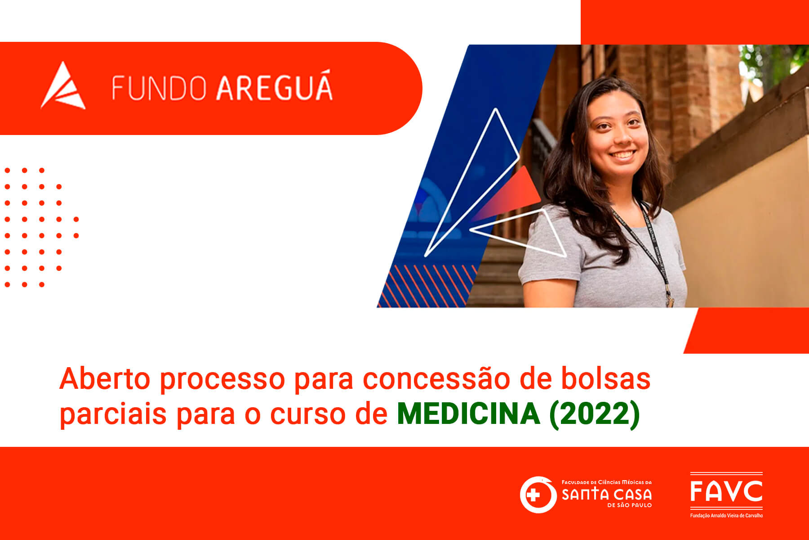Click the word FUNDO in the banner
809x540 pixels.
pos(160,88)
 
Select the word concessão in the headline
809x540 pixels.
pos(436,379)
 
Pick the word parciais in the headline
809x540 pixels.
pos(113,414)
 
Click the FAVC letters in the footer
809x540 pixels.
pos(726,491)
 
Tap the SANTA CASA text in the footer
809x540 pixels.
pos(607,495)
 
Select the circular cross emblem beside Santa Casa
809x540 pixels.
pos(538,495)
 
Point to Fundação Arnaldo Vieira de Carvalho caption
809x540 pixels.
pos(726,515)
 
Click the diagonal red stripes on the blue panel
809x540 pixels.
pos(427,286)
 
